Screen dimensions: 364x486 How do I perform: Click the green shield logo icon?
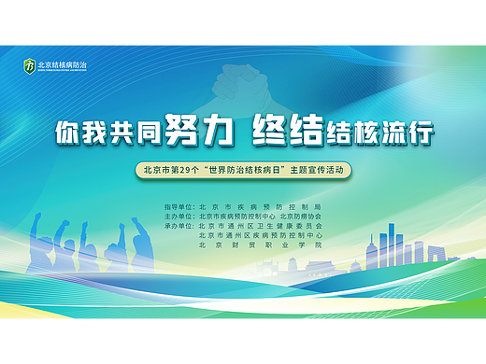[30, 66]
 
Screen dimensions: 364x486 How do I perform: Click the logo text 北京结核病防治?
[62, 66]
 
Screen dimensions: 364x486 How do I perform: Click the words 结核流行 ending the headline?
[380, 133]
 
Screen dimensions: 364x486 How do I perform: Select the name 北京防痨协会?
[301, 216]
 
